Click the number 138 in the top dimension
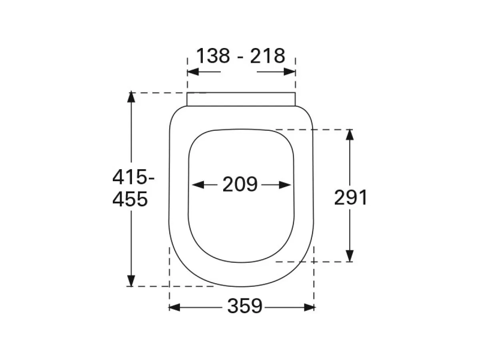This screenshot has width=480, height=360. [x=213, y=56]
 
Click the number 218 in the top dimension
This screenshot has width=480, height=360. [x=268, y=56]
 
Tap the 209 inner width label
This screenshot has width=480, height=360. [x=240, y=184]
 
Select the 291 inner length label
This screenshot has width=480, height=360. [x=350, y=198]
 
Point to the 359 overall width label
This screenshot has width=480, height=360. [x=245, y=307]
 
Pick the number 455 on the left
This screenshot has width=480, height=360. [x=130, y=199]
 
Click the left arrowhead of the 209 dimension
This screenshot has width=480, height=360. [x=197, y=185]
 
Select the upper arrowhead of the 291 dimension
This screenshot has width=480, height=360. [x=350, y=134]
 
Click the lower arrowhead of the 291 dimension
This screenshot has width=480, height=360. [x=350, y=256]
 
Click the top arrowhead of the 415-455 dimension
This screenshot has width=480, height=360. [x=131, y=98]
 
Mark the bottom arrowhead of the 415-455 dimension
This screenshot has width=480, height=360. [x=131, y=281]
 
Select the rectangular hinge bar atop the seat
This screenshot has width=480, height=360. [x=241, y=100]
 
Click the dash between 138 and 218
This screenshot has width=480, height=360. [x=240, y=57]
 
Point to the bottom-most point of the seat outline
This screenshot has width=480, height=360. [x=241, y=287]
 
